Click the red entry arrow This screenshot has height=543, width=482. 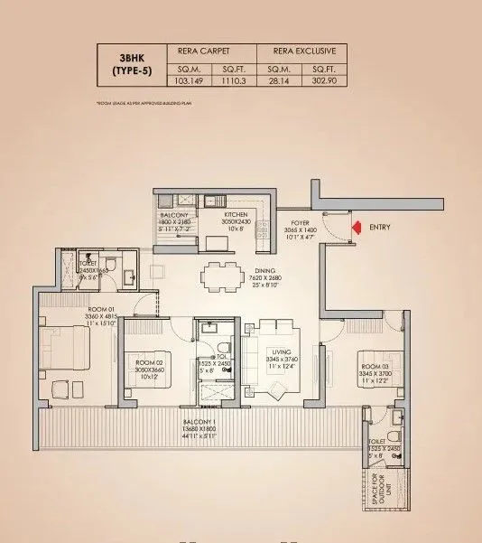(357, 228)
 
